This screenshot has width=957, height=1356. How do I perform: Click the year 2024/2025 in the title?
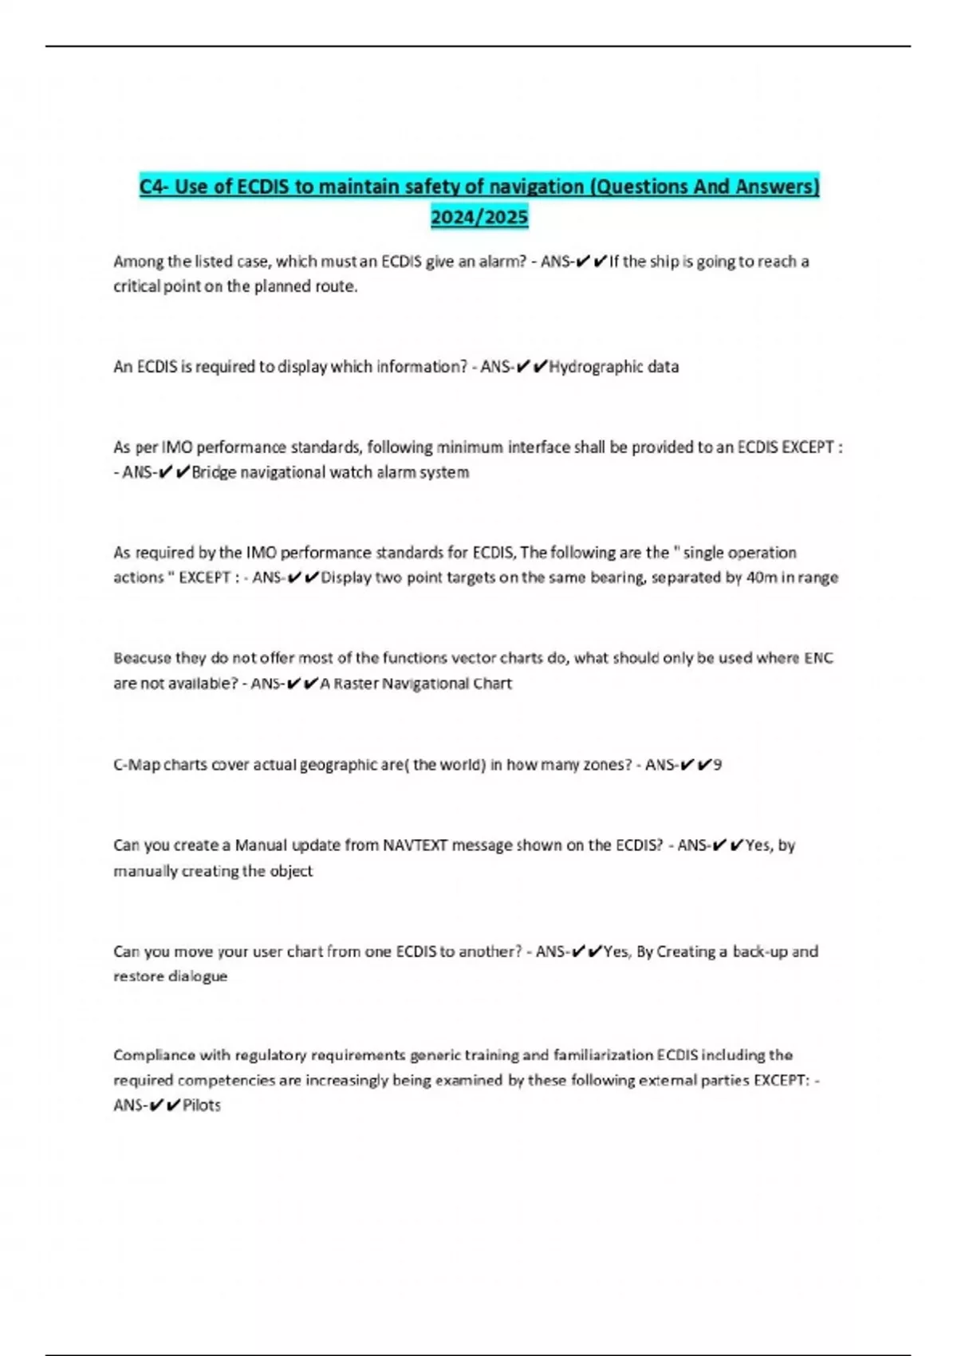pos(479,217)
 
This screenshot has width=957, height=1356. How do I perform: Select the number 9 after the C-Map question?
pos(718,765)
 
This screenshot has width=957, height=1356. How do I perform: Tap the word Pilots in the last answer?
pos(201,1106)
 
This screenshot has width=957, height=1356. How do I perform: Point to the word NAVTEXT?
pos(415,846)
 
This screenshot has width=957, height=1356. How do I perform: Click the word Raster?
pos(356,684)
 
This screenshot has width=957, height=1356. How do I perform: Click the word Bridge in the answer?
pos(214,472)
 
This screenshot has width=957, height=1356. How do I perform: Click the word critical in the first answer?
pos(136,286)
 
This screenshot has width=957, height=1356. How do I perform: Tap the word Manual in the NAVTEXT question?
pos(261,846)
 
